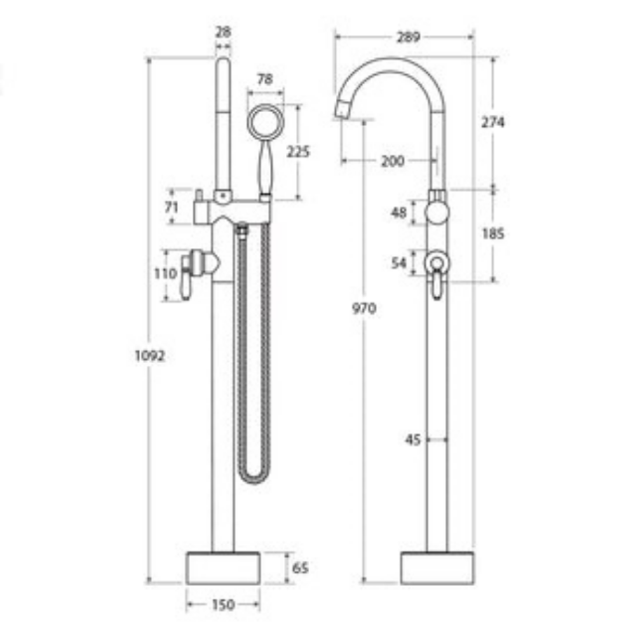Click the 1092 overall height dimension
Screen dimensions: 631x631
[149, 355]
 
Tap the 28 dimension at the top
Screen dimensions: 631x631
[224, 32]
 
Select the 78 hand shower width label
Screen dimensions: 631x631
[264, 80]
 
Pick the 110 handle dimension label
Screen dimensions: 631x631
[166, 274]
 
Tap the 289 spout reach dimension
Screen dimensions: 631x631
[408, 37]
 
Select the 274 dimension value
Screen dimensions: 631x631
[493, 122]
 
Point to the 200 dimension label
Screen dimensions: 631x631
[392, 161]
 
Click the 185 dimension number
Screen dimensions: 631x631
[493, 234]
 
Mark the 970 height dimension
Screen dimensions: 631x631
[364, 308]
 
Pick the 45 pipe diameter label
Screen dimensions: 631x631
[413, 440]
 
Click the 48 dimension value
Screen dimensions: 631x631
[399, 212]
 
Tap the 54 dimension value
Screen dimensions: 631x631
[399, 263]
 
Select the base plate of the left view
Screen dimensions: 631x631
[223, 567]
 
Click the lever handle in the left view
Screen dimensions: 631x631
[187, 280]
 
